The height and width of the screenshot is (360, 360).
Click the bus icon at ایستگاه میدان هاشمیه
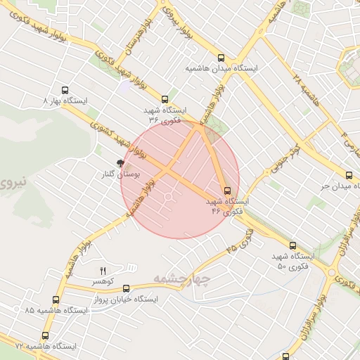(x=221, y=59)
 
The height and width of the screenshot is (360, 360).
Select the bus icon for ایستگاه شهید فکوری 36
(x=165, y=99)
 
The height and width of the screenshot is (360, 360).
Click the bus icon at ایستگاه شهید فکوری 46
(x=227, y=191)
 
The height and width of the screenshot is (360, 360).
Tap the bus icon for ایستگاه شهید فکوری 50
(x=292, y=246)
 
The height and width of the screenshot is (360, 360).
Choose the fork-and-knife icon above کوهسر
(x=103, y=271)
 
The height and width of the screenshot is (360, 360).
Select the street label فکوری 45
(x=241, y=245)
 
